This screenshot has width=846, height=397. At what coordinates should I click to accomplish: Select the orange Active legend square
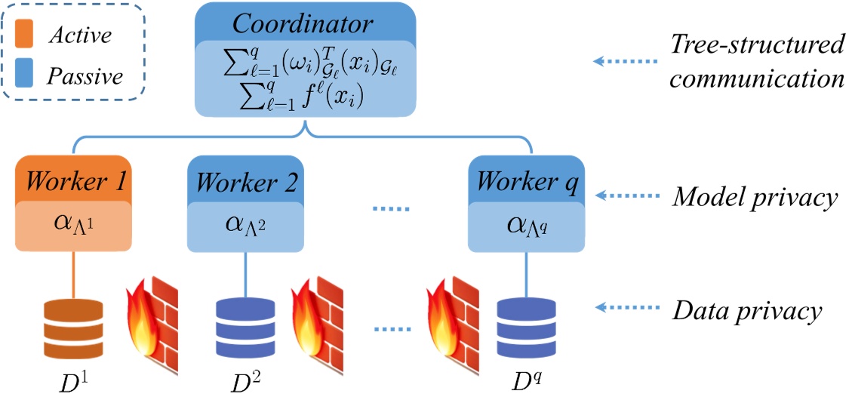[26, 35]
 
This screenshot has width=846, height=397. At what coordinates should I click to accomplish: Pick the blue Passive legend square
[26, 75]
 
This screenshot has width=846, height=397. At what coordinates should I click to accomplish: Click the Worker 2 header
[245, 180]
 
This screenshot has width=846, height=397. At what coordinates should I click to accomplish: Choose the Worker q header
[526, 180]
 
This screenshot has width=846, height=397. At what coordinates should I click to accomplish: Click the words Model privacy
[755, 198]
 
